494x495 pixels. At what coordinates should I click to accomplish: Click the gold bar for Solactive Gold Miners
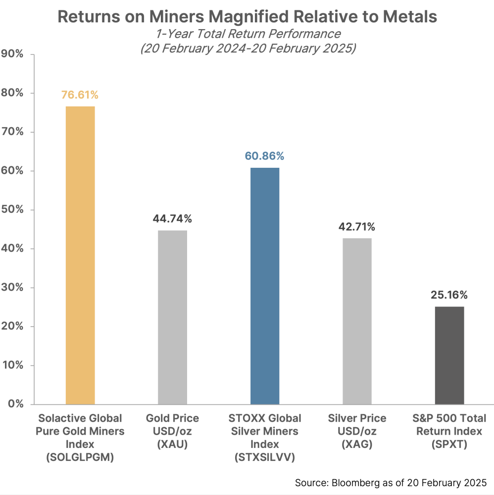pos(80,255)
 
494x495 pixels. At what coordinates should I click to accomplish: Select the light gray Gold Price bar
pos(172,317)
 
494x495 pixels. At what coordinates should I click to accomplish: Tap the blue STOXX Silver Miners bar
pos(265,286)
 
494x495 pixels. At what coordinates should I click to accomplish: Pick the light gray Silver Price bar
pos(357,321)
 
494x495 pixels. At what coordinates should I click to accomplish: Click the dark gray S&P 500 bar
pos(449,355)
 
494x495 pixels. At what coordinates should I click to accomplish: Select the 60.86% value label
pos(265,156)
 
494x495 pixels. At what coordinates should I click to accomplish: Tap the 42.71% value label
pos(357,227)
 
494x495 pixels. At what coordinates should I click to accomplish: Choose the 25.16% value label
pos(449,296)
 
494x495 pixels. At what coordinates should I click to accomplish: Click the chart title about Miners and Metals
pos(247,17)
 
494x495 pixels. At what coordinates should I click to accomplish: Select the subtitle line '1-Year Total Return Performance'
pos(247,34)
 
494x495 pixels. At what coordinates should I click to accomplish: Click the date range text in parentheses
pos(247,49)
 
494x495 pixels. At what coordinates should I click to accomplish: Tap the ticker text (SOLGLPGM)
pos(80,457)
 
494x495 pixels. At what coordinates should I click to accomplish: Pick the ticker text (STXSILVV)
pos(265,457)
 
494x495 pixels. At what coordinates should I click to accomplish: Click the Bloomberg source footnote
pos(391,482)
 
